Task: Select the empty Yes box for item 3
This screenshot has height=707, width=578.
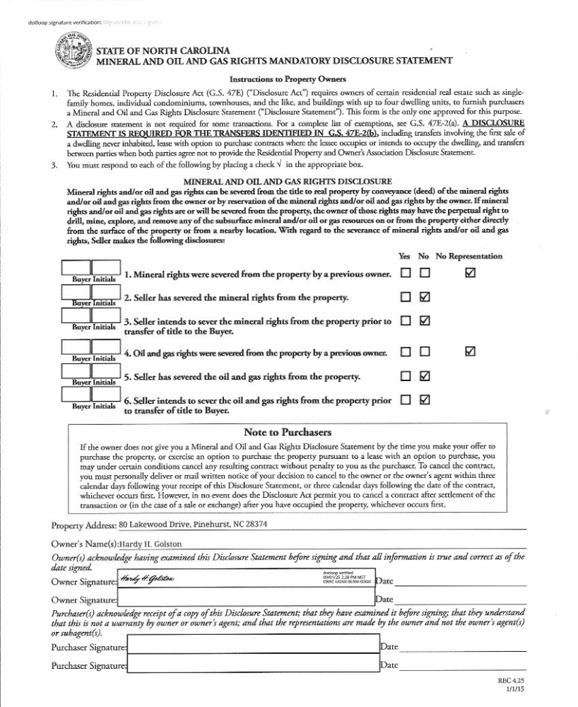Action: (406, 322)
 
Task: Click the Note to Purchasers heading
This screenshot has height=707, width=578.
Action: (288, 432)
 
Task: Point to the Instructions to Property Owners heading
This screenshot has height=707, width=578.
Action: (288, 81)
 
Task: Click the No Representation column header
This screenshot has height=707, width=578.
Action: (469, 256)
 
